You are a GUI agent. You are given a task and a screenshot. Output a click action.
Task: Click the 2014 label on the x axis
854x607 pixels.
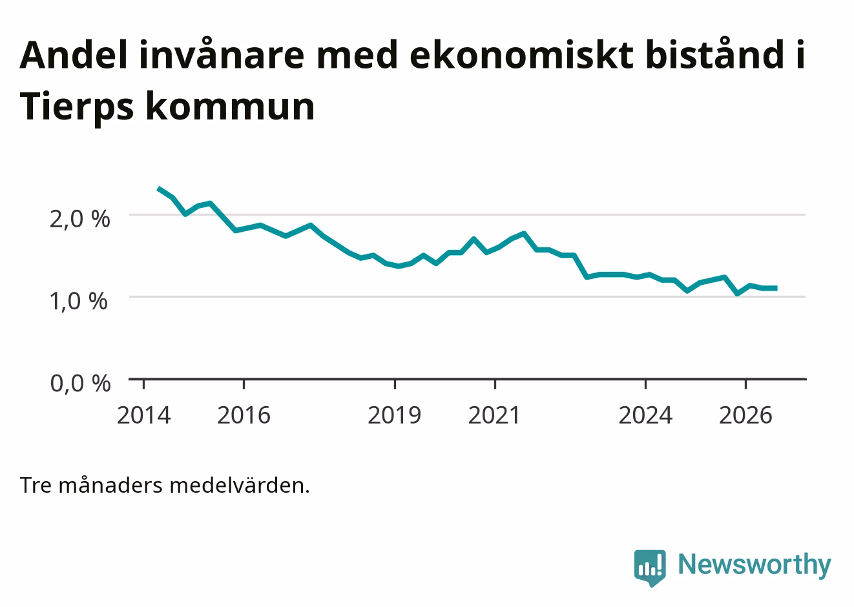coord(143,415)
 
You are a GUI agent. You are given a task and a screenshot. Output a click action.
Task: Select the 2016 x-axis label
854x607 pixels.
coord(244,415)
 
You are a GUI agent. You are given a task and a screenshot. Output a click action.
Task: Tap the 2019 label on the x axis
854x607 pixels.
coord(395,415)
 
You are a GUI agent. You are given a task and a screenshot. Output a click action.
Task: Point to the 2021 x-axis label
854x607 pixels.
coord(494,415)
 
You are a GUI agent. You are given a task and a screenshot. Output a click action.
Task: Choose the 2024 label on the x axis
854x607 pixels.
coord(645,415)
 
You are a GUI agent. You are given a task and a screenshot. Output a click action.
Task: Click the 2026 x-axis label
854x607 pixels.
coord(745,415)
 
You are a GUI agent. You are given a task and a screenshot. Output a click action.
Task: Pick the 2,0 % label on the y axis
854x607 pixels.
coord(80,220)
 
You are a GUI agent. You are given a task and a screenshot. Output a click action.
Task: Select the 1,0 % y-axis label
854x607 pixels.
coord(79,302)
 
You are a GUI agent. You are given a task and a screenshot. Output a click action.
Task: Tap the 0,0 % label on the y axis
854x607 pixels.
coord(81,384)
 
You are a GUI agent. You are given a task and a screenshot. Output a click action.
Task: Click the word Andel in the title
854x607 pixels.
coord(73,55)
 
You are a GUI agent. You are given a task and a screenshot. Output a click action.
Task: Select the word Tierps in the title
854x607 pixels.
coord(77,107)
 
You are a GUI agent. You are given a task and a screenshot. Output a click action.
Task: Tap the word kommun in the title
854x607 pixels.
coord(230,107)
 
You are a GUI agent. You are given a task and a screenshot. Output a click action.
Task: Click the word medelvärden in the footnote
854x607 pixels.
coord(240,486)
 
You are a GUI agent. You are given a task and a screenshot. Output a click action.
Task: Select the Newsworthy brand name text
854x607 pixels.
coord(755,565)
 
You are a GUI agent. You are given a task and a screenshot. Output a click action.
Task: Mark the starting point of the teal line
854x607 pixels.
coord(159,189)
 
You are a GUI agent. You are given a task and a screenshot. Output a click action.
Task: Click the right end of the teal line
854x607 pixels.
coord(777,289)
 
